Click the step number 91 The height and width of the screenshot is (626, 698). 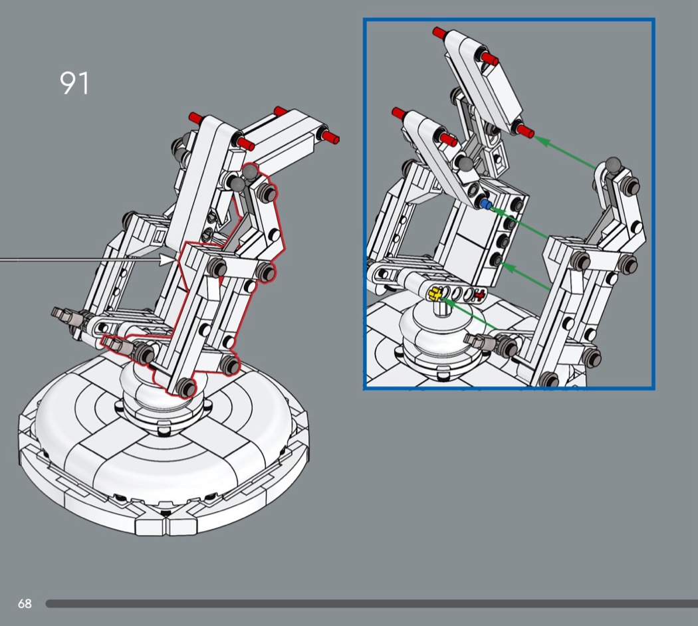(74, 83)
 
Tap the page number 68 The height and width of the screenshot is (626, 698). (25, 603)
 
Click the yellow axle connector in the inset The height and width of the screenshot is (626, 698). (436, 292)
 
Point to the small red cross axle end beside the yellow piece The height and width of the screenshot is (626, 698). (479, 295)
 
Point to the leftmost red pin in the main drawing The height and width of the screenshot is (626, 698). (195, 118)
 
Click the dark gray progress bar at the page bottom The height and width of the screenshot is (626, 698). (372, 603)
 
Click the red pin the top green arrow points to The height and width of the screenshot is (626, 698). (525, 130)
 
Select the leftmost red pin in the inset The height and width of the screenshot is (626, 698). (400, 111)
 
